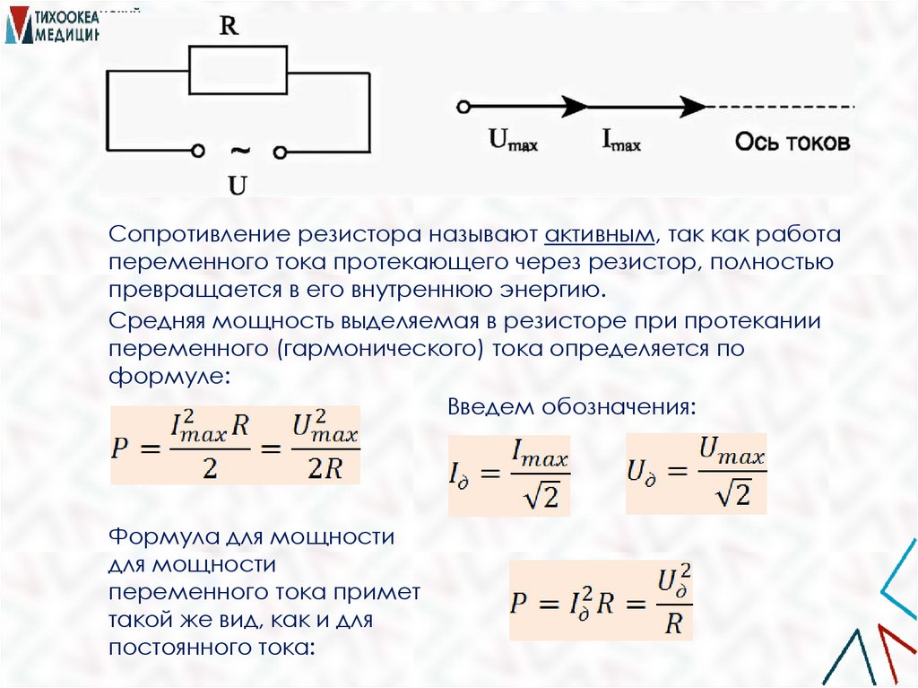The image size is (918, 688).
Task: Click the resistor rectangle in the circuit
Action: point(238,71)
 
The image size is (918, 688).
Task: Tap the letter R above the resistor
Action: point(229,27)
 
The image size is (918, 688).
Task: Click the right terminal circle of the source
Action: point(280,150)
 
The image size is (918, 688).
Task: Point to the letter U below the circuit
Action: point(238,186)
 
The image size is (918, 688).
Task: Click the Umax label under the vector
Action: point(513,141)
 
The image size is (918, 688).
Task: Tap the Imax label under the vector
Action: point(621,141)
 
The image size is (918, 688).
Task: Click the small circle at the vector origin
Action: point(463,107)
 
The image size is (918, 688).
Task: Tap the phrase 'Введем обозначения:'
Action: point(571,406)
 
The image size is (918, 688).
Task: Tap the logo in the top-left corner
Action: point(50,24)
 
